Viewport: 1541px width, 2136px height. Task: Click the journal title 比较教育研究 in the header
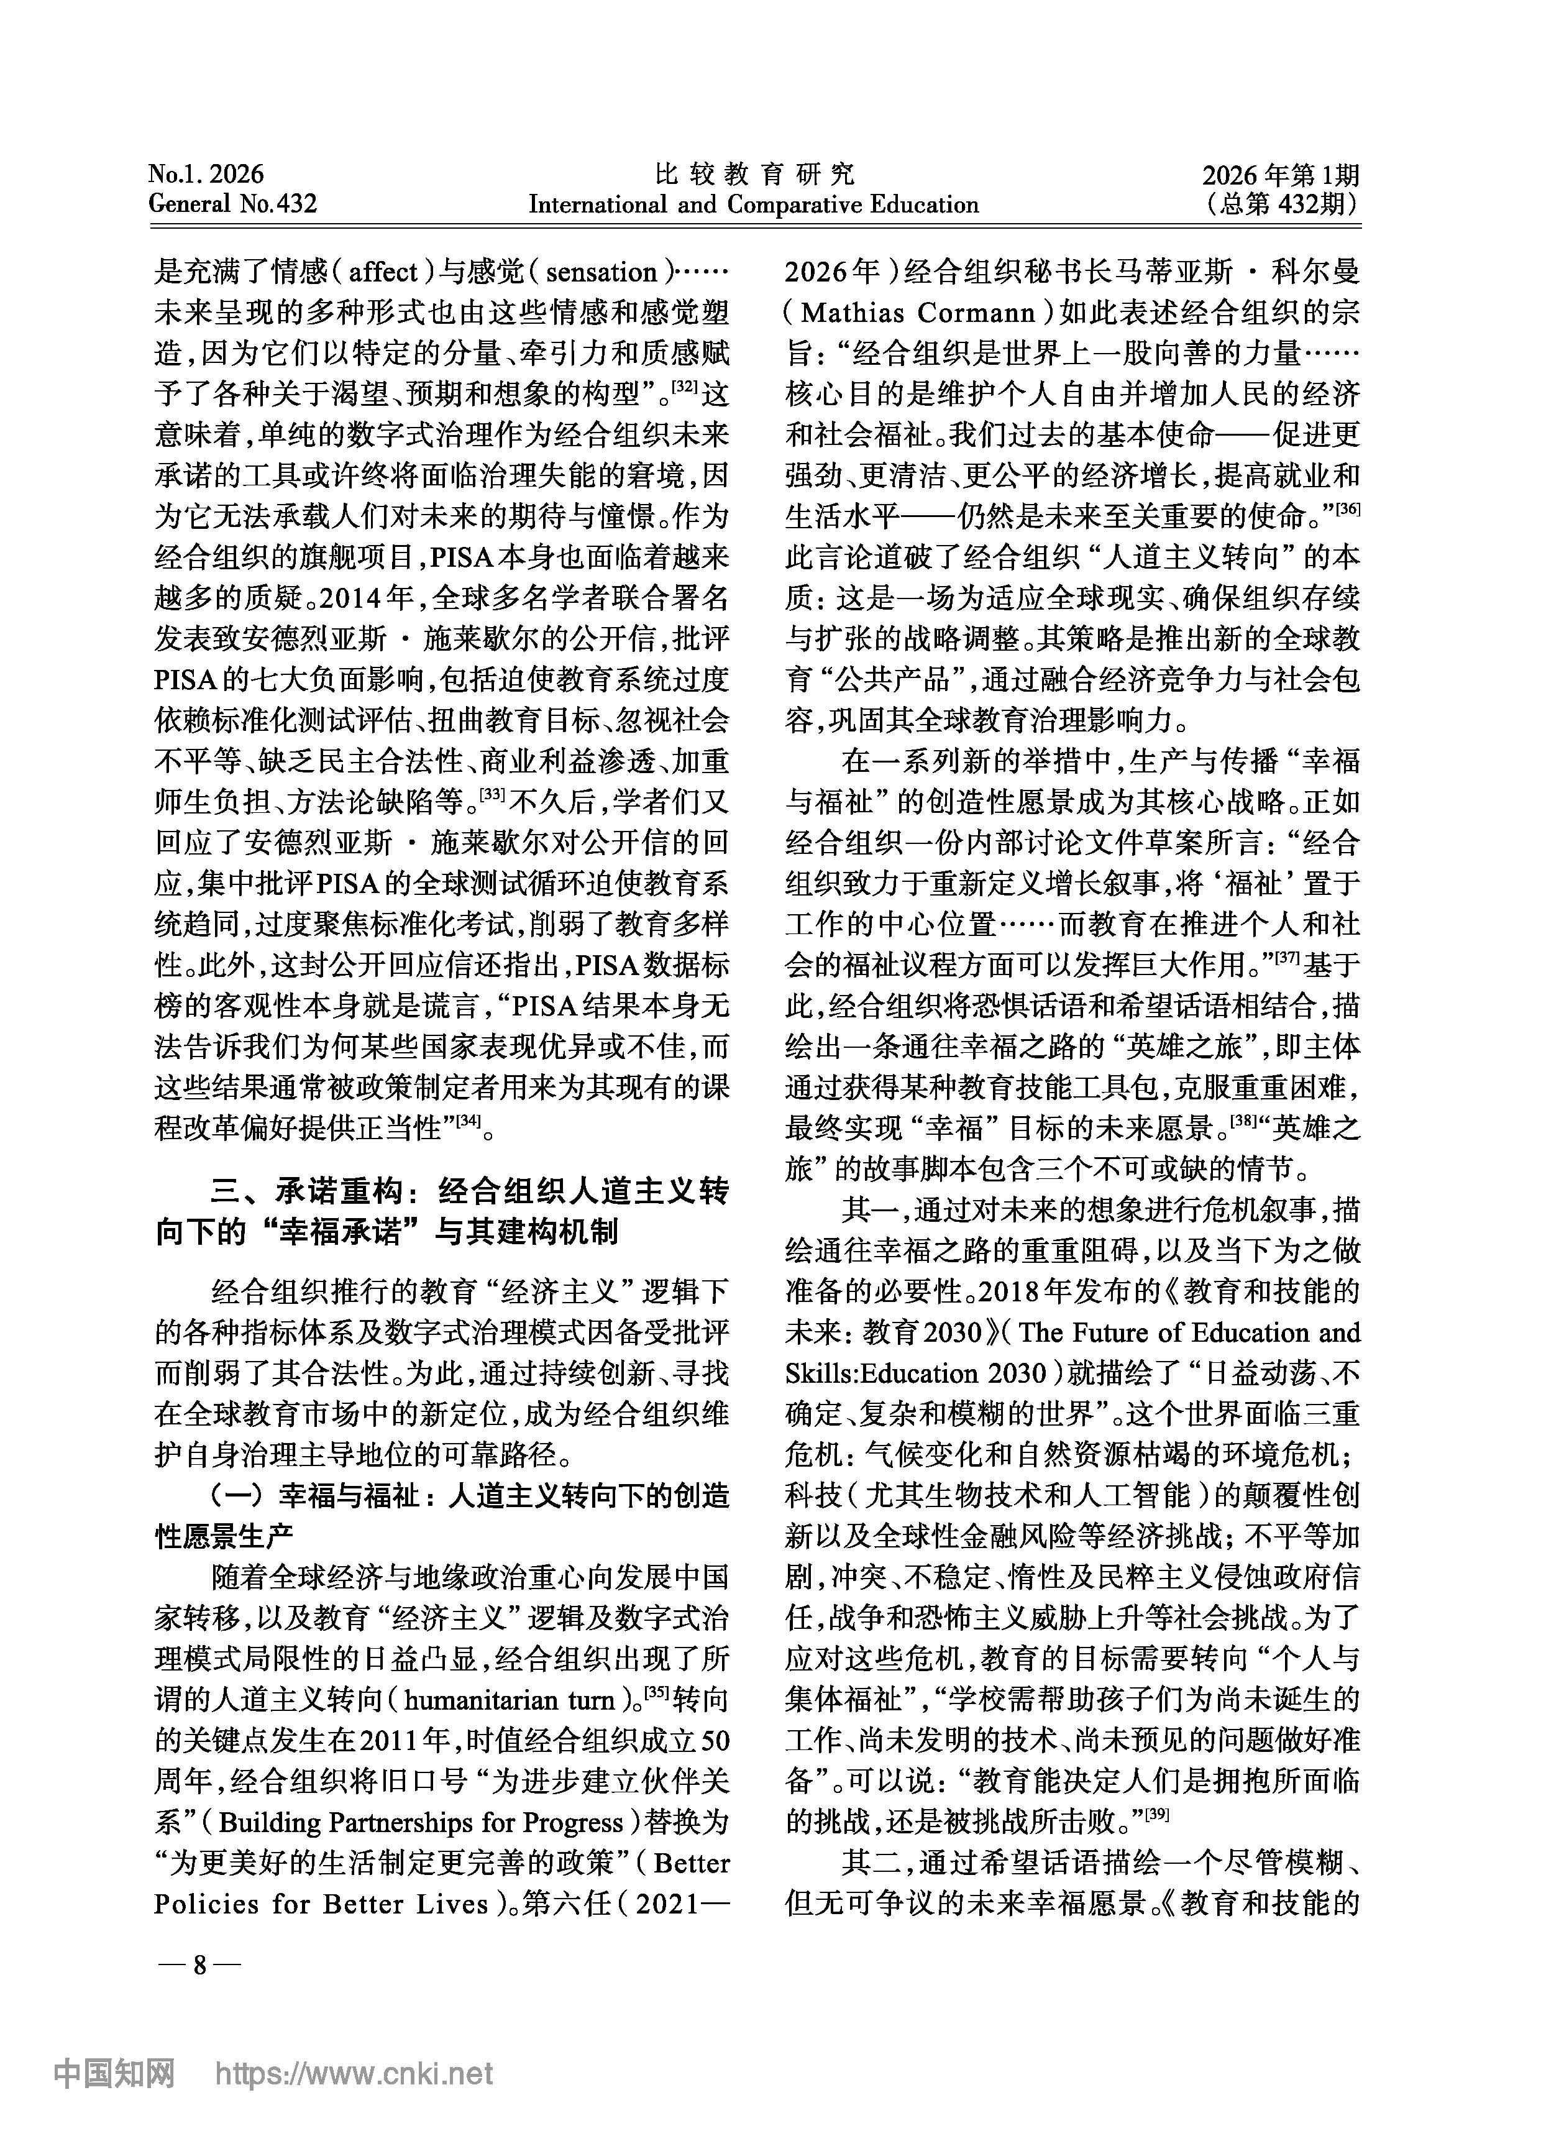pos(754,173)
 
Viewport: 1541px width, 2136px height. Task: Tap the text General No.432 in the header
pos(232,203)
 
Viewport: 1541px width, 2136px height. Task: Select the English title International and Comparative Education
pos(754,204)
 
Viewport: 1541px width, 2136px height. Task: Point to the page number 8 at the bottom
pos(199,1966)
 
